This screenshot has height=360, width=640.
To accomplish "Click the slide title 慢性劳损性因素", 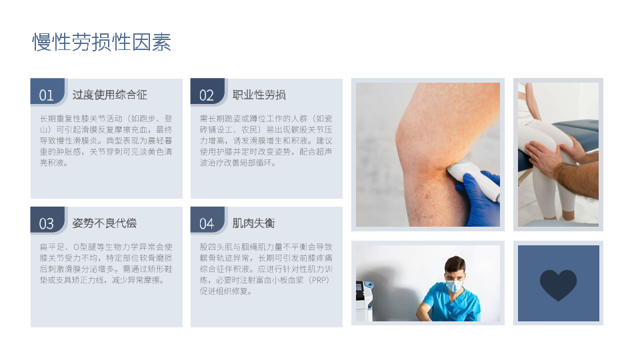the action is tap(101, 42).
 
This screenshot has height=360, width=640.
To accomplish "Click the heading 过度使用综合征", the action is tap(110, 95).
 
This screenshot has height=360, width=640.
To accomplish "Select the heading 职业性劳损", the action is tap(259, 95).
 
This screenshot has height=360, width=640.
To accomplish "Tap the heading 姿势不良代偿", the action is tap(105, 223).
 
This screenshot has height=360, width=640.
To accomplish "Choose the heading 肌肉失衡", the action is tap(253, 223).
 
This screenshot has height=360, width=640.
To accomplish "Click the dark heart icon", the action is tap(559, 284).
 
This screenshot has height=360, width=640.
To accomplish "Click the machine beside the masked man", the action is tap(364, 301).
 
